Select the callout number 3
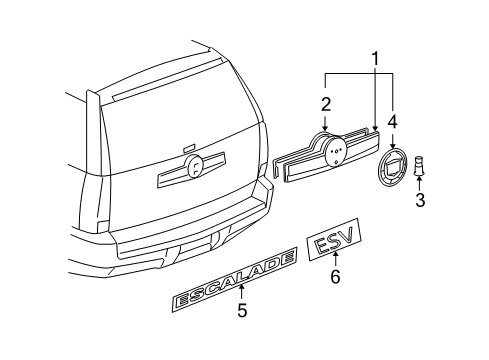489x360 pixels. [x=420, y=199]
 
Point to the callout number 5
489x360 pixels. [x=242, y=310]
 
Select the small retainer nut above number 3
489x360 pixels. [x=420, y=162]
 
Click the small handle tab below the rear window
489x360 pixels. [x=188, y=147]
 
